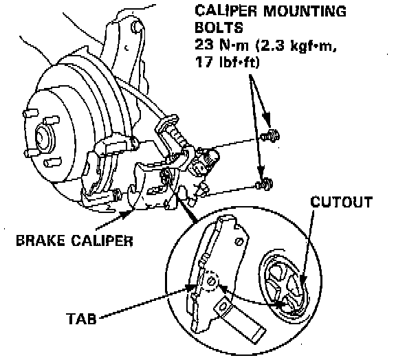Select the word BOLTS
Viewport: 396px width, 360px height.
coord(219,27)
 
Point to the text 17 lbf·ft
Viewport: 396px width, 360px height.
coord(228,62)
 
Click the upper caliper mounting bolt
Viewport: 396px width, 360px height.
coord(269,136)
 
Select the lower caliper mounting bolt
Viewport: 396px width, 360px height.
coord(264,184)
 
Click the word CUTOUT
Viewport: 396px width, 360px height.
coord(342,202)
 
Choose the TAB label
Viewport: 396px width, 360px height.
coord(81,319)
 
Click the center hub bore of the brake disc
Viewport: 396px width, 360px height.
coord(41,137)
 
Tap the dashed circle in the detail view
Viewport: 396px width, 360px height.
coord(210,280)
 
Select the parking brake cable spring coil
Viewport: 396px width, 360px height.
coord(180,136)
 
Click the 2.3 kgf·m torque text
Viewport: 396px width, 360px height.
coord(296,45)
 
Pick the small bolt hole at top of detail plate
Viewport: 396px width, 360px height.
coord(239,242)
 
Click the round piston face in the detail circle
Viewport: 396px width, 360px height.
coord(283,287)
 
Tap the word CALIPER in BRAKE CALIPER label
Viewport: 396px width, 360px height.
coord(102,240)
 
